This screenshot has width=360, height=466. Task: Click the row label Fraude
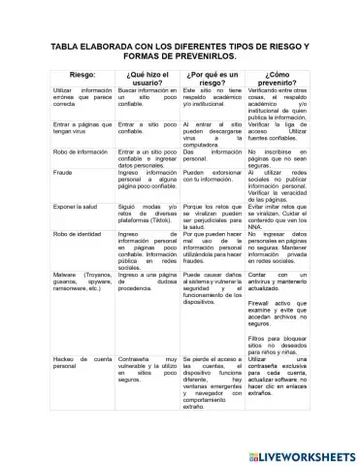point(62,170)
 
